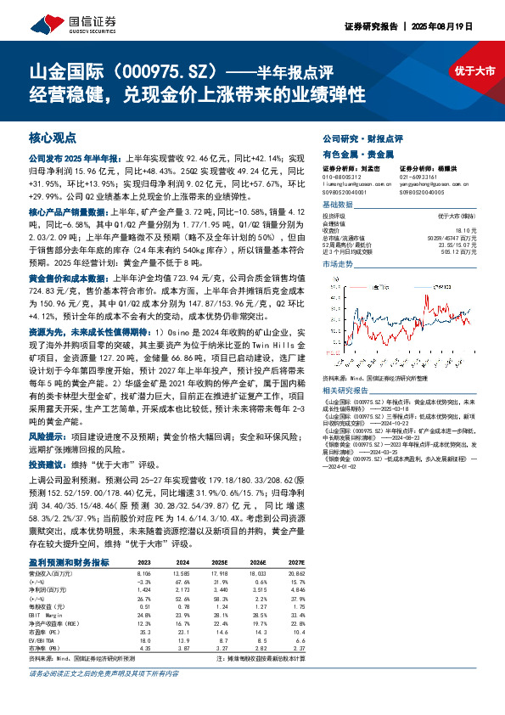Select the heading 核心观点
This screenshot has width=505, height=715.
53,137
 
